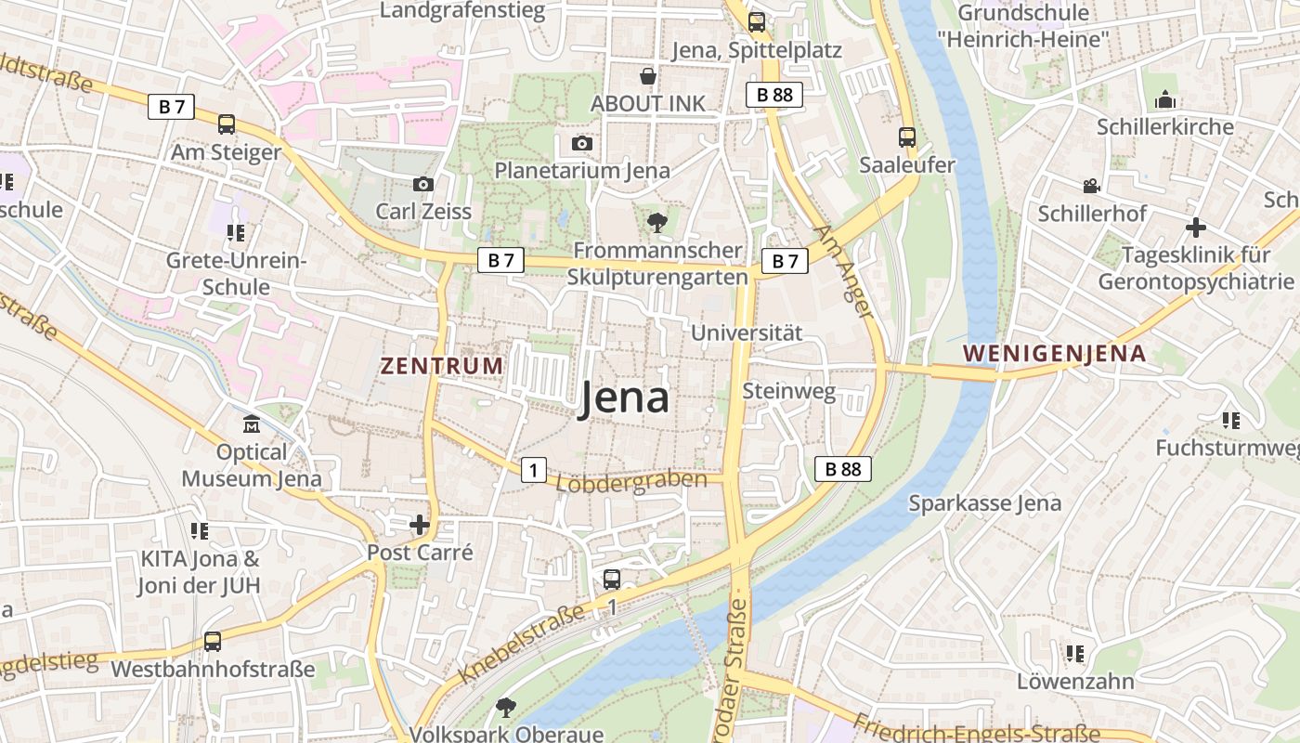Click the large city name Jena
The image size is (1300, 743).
625,398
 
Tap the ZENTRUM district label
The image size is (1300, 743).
442,366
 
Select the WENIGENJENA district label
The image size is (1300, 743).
1054,354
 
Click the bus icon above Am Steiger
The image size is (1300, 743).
227,124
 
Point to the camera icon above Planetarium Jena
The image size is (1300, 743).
582,143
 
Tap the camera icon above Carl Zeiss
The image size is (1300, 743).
423,184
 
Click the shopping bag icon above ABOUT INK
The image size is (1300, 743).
647,76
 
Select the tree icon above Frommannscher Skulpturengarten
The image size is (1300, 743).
656,222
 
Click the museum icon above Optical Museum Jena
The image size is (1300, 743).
252,424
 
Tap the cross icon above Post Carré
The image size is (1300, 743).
420,525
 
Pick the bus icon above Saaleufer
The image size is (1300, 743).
907,137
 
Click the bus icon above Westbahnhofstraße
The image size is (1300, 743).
213,641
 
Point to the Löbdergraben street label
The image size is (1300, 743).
638,482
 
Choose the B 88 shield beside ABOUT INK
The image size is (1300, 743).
773,94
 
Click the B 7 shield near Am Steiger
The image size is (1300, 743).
171,107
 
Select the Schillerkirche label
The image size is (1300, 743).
1165,127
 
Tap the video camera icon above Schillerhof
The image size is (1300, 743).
1091,187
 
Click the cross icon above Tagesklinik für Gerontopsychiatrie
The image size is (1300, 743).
1196,227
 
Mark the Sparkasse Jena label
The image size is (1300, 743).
984,503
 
